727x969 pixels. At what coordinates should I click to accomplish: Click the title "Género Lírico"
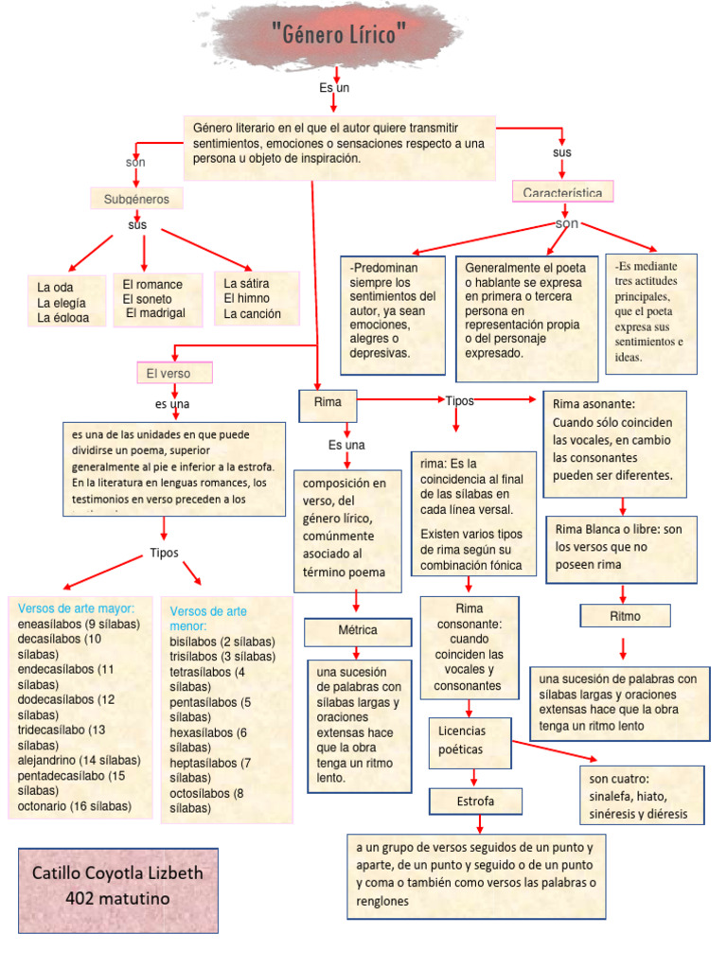(x=337, y=37)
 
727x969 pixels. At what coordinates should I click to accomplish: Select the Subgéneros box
(x=136, y=199)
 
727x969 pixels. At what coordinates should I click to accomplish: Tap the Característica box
(x=562, y=192)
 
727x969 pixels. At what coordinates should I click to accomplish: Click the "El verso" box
(x=174, y=373)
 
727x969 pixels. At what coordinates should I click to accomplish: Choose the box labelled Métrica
(x=357, y=630)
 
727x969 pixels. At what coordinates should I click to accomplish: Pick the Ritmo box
(x=624, y=616)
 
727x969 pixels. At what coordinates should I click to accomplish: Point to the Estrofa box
(x=475, y=802)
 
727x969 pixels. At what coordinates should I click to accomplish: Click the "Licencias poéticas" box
(x=470, y=740)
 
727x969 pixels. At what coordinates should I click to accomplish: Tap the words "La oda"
(x=55, y=287)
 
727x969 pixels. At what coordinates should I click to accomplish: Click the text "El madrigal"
(x=155, y=313)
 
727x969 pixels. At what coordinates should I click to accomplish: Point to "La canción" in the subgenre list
(x=252, y=313)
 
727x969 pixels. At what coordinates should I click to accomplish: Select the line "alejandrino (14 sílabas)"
(x=79, y=760)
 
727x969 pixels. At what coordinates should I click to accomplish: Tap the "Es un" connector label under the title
(x=334, y=88)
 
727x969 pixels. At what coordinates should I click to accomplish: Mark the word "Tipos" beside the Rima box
(x=459, y=401)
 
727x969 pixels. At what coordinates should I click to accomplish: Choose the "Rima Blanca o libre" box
(x=622, y=547)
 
